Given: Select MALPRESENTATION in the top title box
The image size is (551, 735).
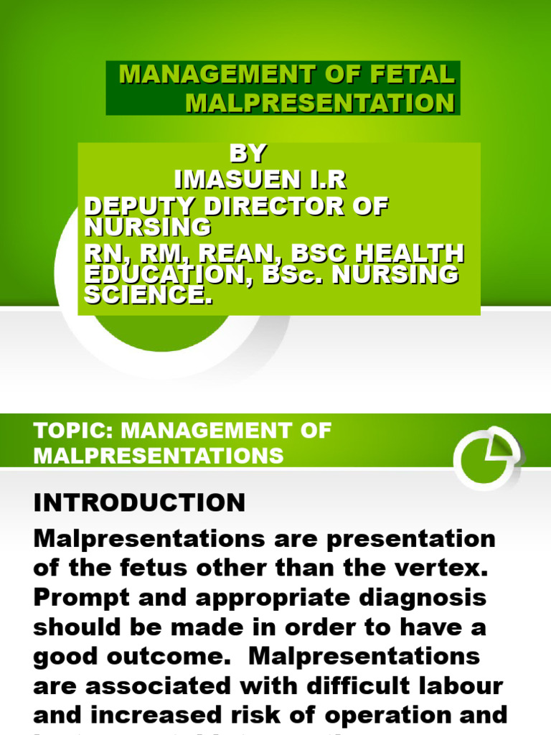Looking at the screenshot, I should (x=320, y=103).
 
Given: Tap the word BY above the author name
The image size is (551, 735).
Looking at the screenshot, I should (x=248, y=154).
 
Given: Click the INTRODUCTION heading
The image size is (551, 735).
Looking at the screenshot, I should (x=139, y=502).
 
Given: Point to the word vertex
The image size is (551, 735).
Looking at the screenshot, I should (x=446, y=568).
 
